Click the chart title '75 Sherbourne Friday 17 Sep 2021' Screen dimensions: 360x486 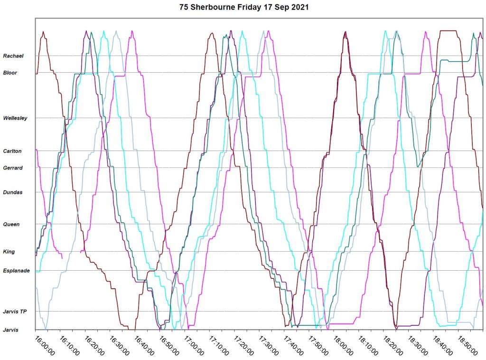click(243, 7)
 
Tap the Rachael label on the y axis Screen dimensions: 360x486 click(13, 56)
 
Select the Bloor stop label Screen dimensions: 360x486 click(10, 73)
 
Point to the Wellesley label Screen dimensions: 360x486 click(15, 118)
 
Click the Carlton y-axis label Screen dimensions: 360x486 click(13, 152)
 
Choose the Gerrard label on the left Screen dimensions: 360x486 click(13, 168)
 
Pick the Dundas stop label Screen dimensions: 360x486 click(13, 193)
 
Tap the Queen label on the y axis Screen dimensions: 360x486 click(11, 224)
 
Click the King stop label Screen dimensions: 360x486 click(9, 252)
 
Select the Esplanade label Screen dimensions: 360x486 click(16, 271)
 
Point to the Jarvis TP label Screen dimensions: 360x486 click(14, 312)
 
